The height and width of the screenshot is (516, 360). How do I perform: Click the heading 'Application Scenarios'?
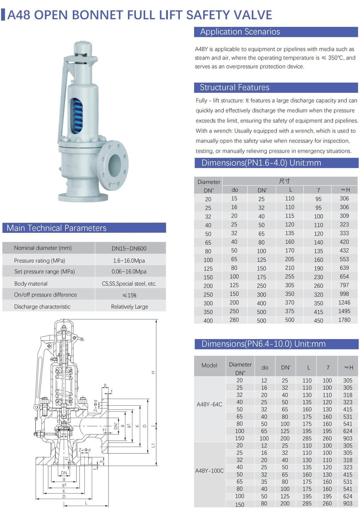[x=240, y=32]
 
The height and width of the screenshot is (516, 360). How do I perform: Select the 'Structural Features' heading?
[x=234, y=87]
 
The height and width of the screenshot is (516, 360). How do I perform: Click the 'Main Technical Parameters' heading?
[x=56, y=228]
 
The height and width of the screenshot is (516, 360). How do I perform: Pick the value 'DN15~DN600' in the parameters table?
[x=129, y=248]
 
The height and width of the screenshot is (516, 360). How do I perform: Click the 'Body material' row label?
[x=31, y=284]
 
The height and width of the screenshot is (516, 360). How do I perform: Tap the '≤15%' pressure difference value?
[x=129, y=295]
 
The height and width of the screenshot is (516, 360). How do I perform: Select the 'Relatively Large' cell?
[x=129, y=307]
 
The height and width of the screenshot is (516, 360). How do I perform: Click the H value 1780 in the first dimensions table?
[x=344, y=320]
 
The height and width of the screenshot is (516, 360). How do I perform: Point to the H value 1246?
[x=344, y=303]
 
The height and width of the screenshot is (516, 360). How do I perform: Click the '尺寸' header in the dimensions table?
[x=284, y=181]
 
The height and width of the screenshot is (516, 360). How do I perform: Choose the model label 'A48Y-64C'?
[x=209, y=405]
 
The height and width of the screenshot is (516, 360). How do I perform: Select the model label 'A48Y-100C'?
[x=209, y=471]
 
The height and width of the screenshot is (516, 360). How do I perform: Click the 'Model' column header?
[x=209, y=365]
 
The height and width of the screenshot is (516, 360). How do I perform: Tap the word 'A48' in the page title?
[x=19, y=15]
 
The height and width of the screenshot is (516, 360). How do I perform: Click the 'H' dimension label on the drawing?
[x=153, y=373]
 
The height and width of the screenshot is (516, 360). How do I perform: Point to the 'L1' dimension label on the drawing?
[x=153, y=445]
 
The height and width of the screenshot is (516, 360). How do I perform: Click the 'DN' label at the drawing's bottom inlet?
[x=64, y=473]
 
